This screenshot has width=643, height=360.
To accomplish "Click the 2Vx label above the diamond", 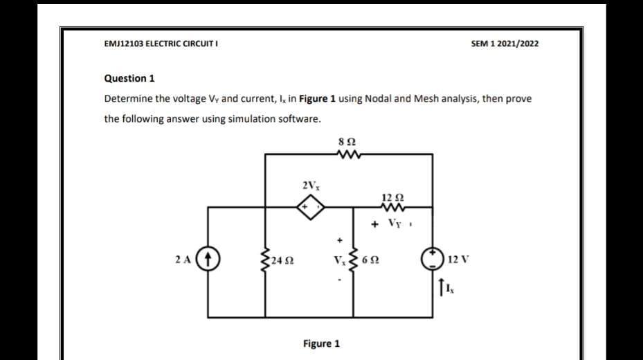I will (x=309, y=185).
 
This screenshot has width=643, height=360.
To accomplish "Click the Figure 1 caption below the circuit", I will (x=321, y=343).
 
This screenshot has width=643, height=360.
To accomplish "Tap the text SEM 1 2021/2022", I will (x=505, y=44).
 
